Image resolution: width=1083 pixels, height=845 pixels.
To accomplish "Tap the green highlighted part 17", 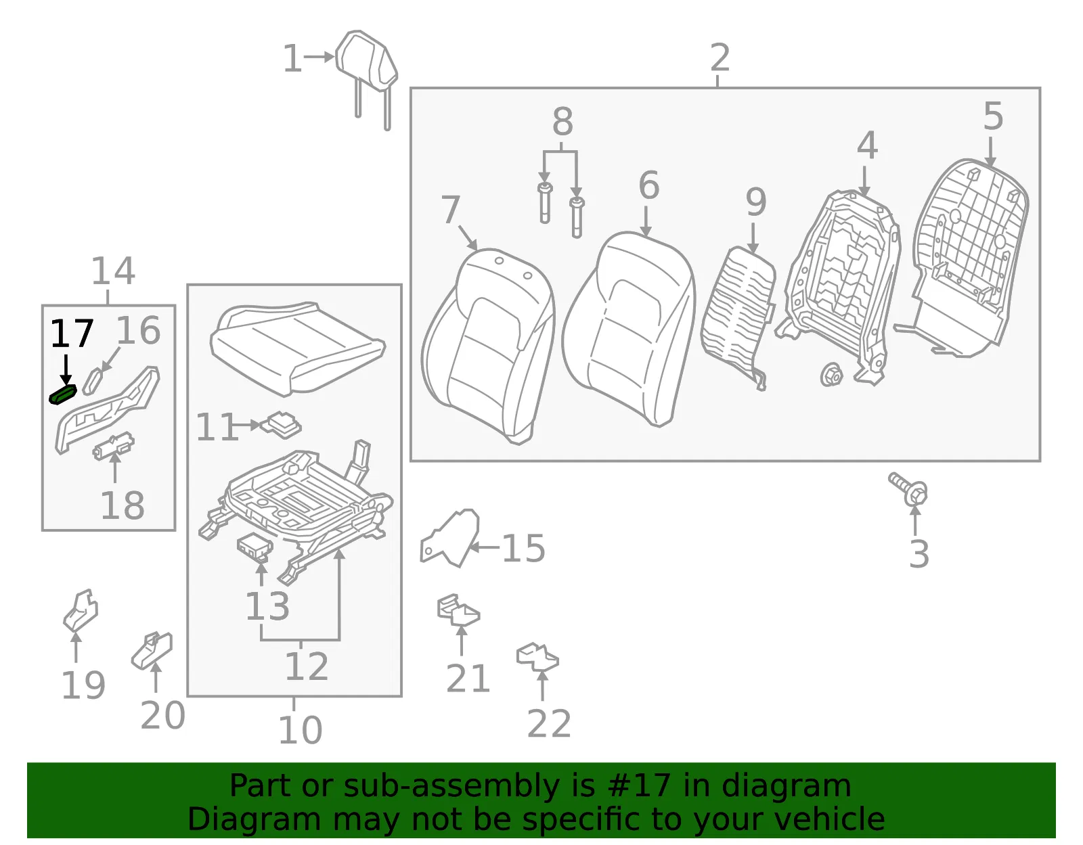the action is pos(63,394).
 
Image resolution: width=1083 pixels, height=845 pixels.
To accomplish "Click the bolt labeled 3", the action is pos(908,488).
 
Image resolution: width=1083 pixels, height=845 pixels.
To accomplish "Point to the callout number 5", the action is pos(993,116).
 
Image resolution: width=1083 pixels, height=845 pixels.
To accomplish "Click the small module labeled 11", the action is pos(282,425).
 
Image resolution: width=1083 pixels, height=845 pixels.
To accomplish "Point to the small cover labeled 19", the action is pos(81,610).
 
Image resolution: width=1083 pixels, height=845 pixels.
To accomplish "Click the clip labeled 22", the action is pos(537,657).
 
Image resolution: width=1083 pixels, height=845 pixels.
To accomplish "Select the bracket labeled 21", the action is pos(458,610).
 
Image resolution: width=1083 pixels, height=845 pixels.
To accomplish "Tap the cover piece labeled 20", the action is pos(152,649).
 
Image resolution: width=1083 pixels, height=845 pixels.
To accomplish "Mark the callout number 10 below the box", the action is pos(300,730).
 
